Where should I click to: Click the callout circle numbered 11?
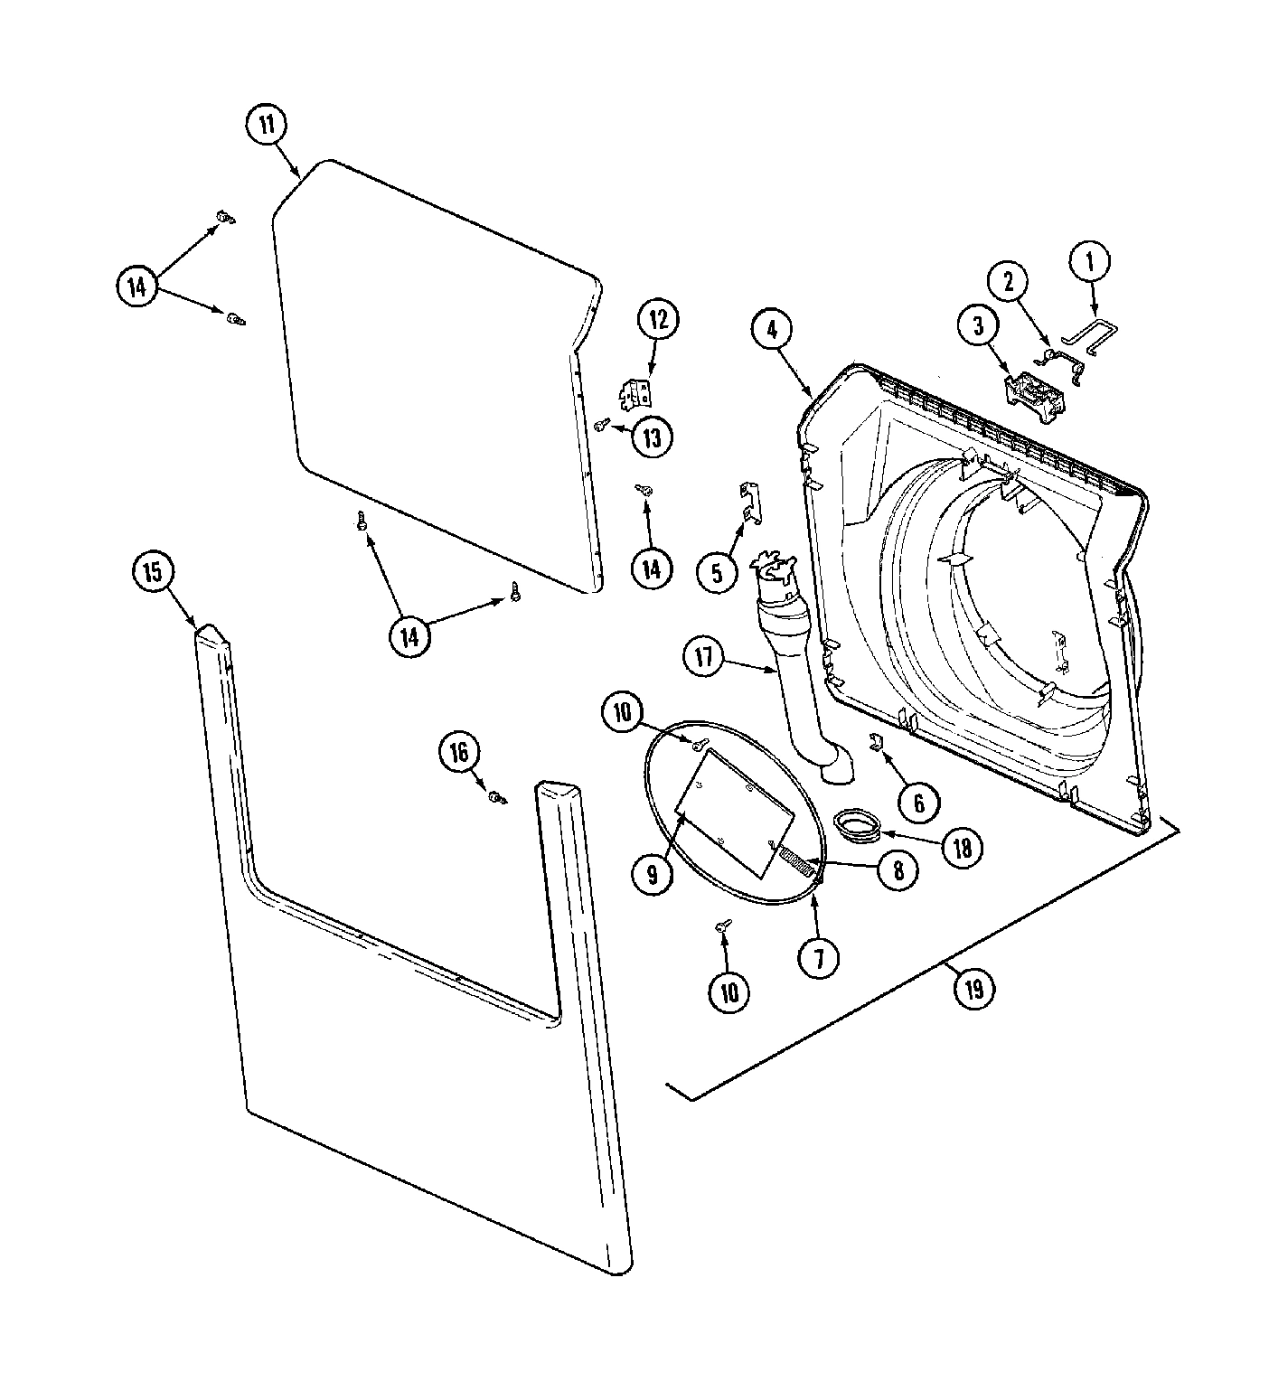coord(267,126)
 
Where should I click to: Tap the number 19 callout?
coord(973,989)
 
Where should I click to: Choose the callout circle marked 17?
coord(704,657)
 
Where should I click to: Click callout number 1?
coord(1090,263)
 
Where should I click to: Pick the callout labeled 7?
coord(819,955)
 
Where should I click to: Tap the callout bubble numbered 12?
coord(659,319)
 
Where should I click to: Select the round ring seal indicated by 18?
coord(859,824)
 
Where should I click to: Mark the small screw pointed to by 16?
coord(496,797)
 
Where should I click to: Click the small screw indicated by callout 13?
coord(601,423)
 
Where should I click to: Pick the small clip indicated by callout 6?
coord(875,742)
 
